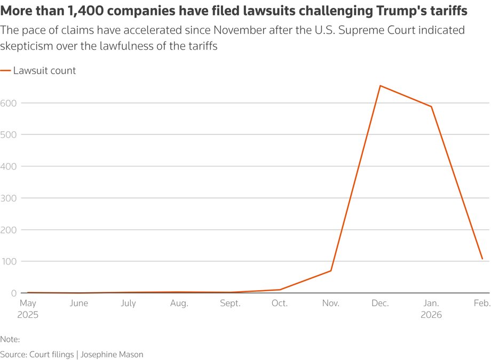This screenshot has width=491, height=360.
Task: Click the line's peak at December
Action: (x=381, y=86)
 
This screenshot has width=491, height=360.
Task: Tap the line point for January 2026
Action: (x=431, y=107)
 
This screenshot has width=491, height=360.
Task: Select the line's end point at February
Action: (x=482, y=259)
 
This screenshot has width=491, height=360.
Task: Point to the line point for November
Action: (x=330, y=271)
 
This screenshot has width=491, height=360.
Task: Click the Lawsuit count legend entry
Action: (x=44, y=70)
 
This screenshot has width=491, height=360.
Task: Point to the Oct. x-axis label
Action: (x=280, y=303)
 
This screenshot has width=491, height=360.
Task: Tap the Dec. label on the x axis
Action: (x=381, y=303)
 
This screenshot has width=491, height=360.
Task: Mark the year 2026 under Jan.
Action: (x=431, y=315)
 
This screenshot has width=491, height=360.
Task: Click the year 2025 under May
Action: (x=28, y=315)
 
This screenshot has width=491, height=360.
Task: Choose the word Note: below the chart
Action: (x=10, y=339)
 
